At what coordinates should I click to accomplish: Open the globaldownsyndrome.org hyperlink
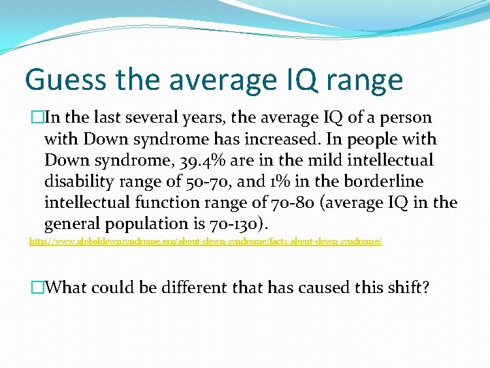tap(205, 241)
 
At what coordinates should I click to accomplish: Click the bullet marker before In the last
tap(36, 118)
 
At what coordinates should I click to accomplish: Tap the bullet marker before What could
tap(36, 287)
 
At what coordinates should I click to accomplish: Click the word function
tap(157, 202)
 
